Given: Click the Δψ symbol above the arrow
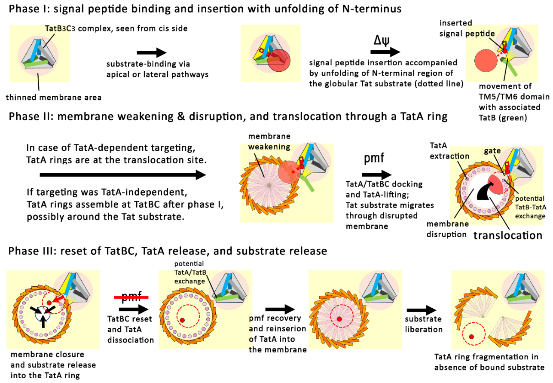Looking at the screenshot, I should tap(381, 41).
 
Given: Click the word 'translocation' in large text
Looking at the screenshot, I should tap(507, 235).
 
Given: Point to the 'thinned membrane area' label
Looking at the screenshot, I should tap(54, 98).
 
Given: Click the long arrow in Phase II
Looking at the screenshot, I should tap(122, 175).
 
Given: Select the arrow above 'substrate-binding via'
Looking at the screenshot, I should tap(151, 53).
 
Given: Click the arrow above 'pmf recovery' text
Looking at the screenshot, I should tap(280, 309).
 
